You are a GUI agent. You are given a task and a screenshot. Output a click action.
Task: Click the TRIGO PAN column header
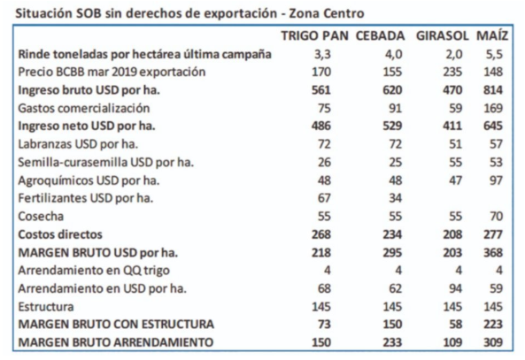(314, 35)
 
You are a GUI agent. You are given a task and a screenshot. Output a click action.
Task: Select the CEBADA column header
(380, 35)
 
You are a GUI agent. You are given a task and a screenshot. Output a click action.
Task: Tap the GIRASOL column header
(443, 35)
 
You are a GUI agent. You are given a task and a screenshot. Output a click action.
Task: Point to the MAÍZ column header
(492, 35)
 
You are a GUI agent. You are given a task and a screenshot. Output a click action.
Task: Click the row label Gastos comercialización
(84, 108)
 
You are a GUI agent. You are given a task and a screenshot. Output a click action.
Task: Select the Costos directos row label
(60, 234)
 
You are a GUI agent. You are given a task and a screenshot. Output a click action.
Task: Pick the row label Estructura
(46, 306)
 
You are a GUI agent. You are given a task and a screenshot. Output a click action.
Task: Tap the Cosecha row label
(41, 216)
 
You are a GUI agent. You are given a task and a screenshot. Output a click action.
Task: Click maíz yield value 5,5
(494, 54)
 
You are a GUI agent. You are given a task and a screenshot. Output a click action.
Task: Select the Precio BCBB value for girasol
(452, 72)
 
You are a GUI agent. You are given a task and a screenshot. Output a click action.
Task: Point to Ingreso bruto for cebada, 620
(392, 90)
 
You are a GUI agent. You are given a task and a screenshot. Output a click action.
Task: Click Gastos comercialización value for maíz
(493, 108)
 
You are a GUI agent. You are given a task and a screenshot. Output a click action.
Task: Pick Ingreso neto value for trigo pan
(321, 126)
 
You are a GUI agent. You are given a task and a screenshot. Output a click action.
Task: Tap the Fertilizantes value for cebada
(396, 198)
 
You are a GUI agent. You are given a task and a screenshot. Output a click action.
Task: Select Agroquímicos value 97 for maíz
(496, 180)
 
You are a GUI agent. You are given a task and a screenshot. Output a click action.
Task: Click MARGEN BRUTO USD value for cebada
(392, 252)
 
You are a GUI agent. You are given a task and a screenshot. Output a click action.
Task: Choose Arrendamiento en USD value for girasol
(455, 288)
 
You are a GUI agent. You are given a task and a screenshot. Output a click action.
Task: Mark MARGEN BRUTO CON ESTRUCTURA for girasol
(455, 325)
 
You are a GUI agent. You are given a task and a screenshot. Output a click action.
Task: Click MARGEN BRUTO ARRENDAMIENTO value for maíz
(493, 342)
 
